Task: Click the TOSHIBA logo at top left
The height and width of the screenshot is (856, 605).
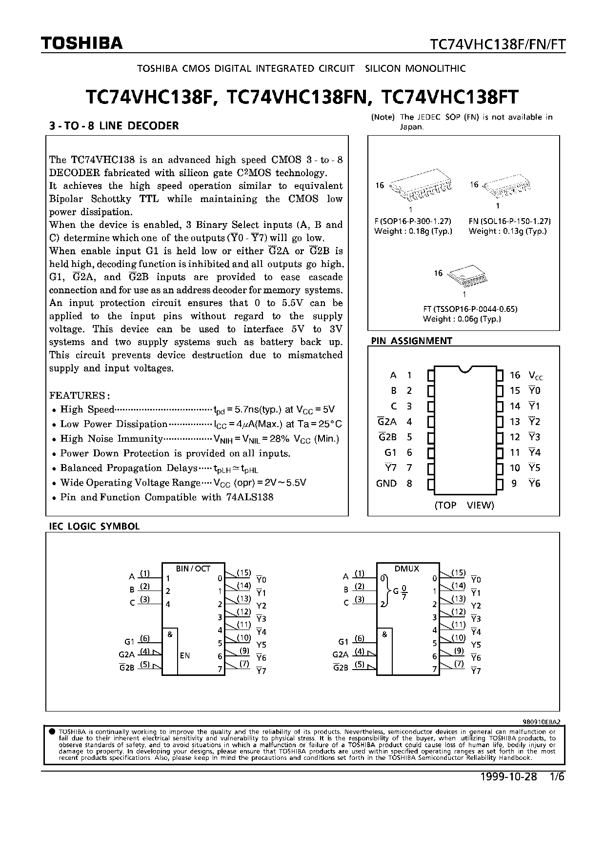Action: click(x=81, y=44)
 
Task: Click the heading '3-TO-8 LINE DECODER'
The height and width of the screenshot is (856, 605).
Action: click(x=114, y=126)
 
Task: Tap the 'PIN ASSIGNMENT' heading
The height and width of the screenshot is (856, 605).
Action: click(x=411, y=341)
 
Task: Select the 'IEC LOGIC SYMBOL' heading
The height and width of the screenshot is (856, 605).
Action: click(x=94, y=526)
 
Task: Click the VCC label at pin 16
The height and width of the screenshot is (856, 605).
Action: click(x=535, y=375)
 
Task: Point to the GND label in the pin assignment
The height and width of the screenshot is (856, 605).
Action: click(x=386, y=484)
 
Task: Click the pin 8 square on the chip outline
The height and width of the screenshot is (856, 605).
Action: click(x=431, y=485)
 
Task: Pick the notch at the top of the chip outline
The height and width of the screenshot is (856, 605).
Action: click(x=465, y=369)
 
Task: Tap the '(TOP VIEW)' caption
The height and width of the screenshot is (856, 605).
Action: click(x=464, y=505)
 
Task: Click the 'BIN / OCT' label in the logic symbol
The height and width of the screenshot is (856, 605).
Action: click(x=193, y=569)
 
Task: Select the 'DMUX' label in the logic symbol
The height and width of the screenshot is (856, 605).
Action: click(x=406, y=569)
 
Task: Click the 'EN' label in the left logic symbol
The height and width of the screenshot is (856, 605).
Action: click(x=185, y=655)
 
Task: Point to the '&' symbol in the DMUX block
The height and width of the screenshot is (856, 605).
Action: click(x=384, y=634)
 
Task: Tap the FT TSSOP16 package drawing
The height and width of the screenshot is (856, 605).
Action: click(x=467, y=276)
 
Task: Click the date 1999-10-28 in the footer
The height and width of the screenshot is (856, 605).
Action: click(x=509, y=777)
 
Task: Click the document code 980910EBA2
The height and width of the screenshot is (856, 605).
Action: click(x=543, y=721)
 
